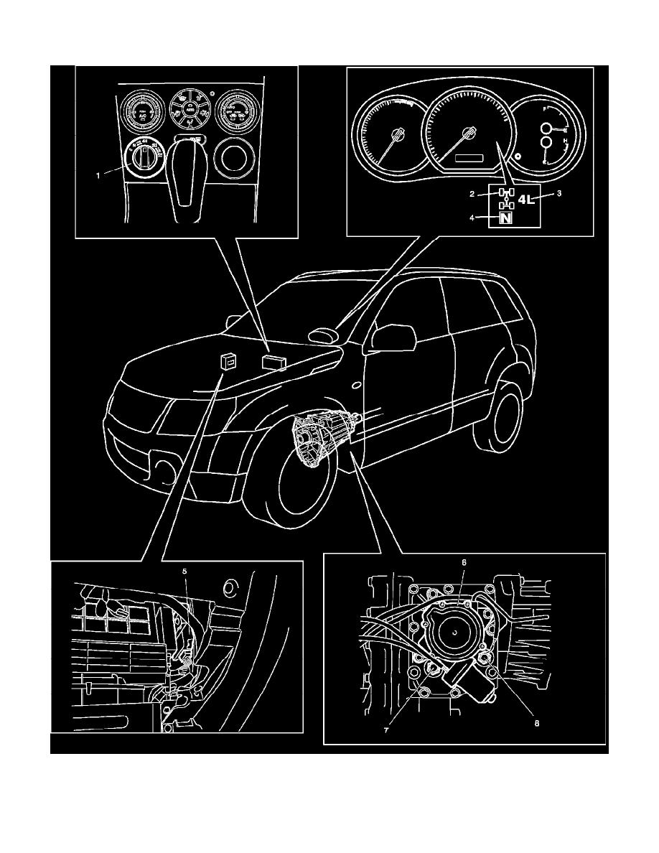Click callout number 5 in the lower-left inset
[184, 571]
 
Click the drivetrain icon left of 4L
[505, 199]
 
